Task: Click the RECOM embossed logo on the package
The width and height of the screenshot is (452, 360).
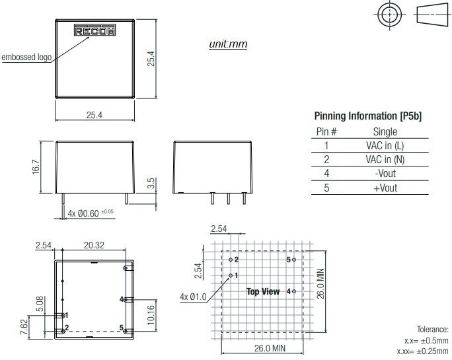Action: [x=94, y=30]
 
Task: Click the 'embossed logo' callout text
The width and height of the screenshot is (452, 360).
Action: [x=26, y=57]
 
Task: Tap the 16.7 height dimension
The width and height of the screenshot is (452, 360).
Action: [x=36, y=167]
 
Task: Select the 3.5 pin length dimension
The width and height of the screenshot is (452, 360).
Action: [x=151, y=184]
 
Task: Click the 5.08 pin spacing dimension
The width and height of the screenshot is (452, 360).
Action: [x=40, y=304]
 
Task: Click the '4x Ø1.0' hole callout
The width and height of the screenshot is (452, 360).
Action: [x=192, y=297]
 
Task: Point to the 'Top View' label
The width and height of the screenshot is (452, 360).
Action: [x=262, y=291]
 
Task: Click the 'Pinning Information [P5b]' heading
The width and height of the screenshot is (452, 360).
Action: [x=367, y=116]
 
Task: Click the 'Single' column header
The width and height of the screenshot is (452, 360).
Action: [x=385, y=131]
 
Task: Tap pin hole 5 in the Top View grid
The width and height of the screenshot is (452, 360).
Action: [x=295, y=260]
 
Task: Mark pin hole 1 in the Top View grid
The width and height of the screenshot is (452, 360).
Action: [x=231, y=275]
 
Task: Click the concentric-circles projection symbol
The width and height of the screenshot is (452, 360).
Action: [x=390, y=16]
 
